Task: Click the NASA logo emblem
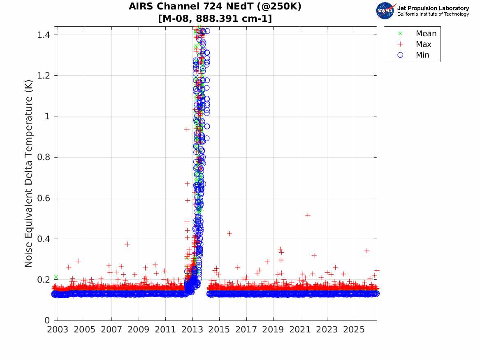click(385, 11)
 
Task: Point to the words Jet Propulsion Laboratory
click(433, 8)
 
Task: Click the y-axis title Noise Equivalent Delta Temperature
click(28, 174)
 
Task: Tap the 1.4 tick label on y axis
click(44, 35)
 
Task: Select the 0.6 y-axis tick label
click(44, 198)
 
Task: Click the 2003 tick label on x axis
click(58, 330)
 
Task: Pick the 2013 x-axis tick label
click(192, 330)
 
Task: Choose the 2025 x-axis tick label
click(354, 330)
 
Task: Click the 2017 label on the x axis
click(246, 330)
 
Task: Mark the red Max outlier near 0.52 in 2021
click(308, 215)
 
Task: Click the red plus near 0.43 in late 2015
click(229, 234)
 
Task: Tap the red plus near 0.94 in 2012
click(187, 129)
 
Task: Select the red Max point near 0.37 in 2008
click(127, 244)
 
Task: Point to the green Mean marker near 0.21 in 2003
click(56, 277)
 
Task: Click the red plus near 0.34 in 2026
click(367, 251)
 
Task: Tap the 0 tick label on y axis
click(47, 321)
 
